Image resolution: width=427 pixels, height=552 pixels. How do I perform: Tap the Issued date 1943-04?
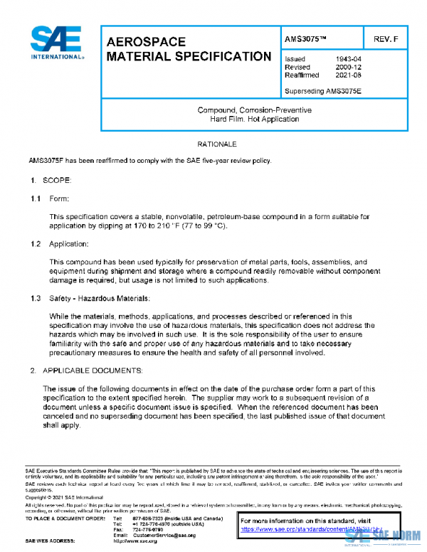point(349,59)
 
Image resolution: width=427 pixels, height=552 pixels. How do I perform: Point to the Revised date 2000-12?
point(349,67)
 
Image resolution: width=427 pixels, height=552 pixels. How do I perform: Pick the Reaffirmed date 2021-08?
point(349,75)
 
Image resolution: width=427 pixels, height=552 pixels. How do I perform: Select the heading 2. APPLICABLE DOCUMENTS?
point(86,371)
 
